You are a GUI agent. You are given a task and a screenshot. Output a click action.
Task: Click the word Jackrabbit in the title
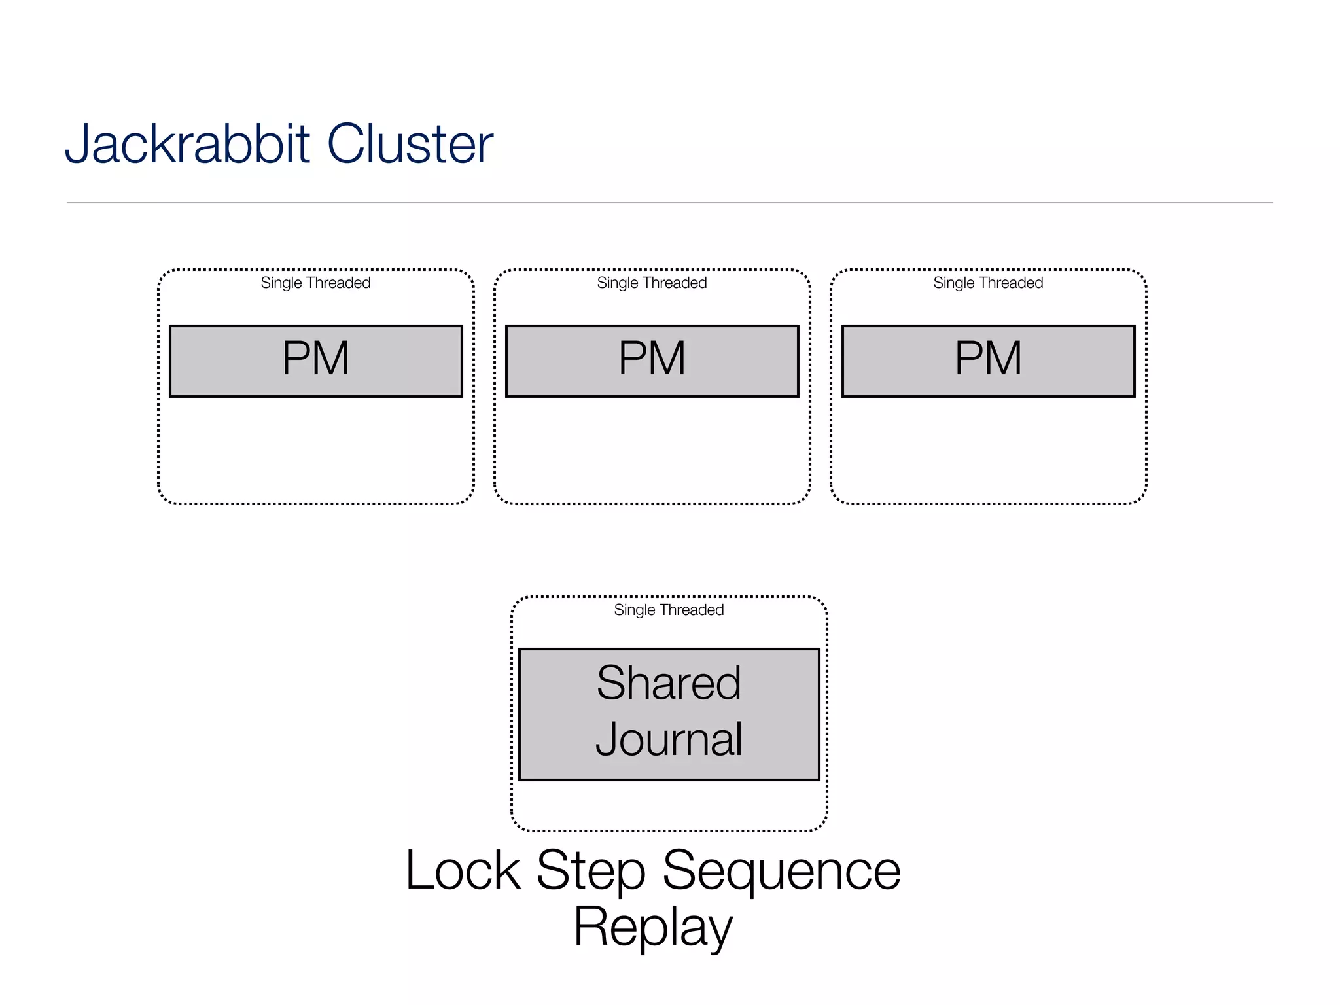[186, 144]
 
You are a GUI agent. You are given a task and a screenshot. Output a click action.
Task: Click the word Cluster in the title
[410, 144]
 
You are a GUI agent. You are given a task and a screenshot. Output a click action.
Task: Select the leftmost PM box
[316, 361]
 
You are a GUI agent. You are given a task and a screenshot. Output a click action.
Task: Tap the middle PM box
[652, 361]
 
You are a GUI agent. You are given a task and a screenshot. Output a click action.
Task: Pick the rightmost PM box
[989, 361]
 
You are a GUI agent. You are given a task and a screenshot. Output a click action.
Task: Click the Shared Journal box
[669, 714]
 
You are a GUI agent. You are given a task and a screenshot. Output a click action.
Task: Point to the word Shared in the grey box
[669, 683]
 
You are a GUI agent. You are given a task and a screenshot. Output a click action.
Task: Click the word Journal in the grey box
[669, 739]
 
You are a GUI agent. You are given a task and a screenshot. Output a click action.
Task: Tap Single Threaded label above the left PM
[315, 283]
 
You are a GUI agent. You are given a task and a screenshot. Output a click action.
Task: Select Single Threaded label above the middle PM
[652, 283]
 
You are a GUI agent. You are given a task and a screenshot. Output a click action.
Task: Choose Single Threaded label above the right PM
[988, 283]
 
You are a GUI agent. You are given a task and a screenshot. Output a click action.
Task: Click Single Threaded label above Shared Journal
[669, 610]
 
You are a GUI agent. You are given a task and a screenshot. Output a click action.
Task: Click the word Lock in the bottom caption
[463, 870]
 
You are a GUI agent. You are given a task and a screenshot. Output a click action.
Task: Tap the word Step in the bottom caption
[591, 870]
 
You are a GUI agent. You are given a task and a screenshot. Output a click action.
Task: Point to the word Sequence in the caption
[781, 870]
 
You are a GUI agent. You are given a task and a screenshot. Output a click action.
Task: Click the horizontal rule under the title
[669, 203]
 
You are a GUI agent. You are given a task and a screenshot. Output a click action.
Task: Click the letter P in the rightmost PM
[970, 359]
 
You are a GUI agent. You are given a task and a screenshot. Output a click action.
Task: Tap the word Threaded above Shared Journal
[692, 610]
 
